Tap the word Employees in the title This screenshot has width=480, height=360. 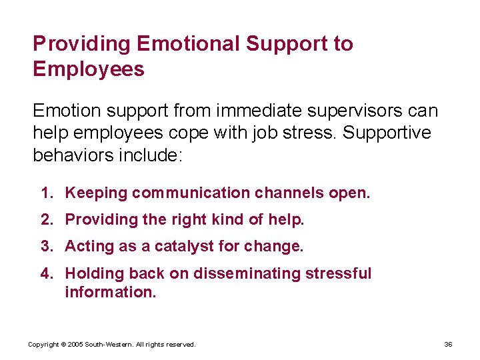pyautogui.click(x=89, y=69)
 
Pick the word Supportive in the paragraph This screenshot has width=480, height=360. pyautogui.click(x=388, y=132)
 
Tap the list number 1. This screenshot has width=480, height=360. pyautogui.click(x=47, y=193)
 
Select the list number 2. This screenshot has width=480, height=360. pyautogui.click(x=47, y=219)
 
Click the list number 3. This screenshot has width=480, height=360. pyautogui.click(x=47, y=246)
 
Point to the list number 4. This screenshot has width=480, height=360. pyautogui.click(x=47, y=273)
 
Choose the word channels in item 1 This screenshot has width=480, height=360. pyautogui.click(x=289, y=193)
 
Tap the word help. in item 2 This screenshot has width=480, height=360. pyautogui.click(x=286, y=219)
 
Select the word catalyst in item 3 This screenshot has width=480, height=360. pyautogui.click(x=179, y=246)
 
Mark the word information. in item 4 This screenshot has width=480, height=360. pyautogui.click(x=110, y=291)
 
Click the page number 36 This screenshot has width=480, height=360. pyautogui.click(x=448, y=344)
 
